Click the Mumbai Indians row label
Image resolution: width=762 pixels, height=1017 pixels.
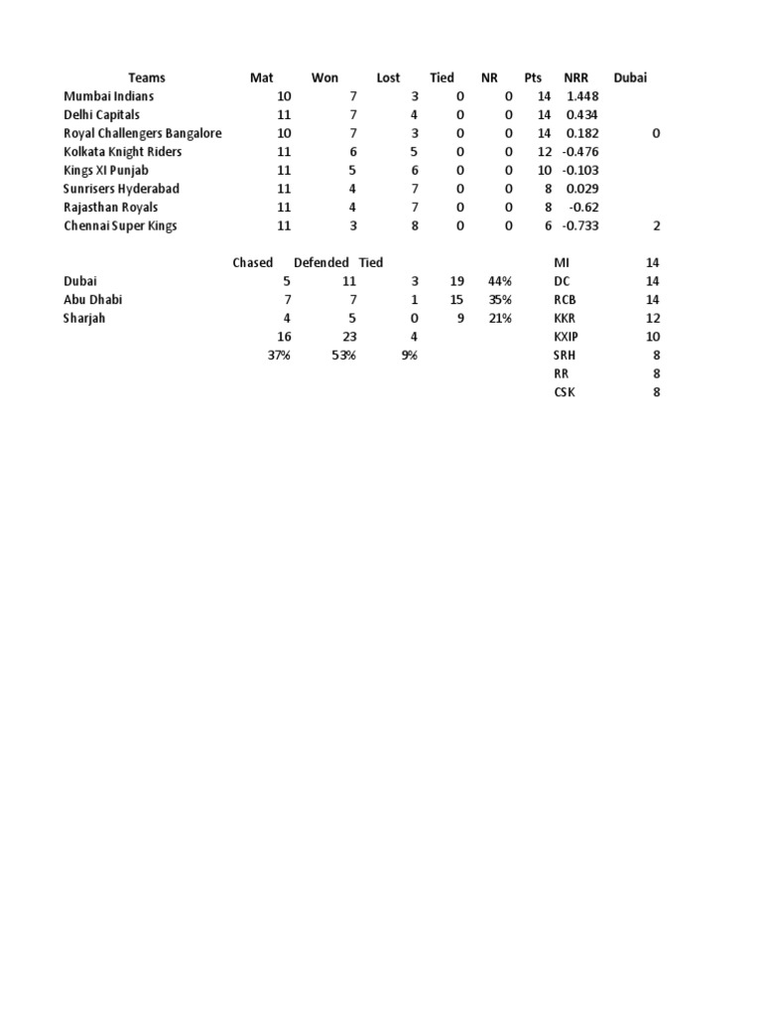[108, 96]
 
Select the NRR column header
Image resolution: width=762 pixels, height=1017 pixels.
[575, 77]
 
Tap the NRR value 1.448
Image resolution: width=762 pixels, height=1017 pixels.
[582, 96]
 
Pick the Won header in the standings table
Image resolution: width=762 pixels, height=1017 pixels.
[324, 77]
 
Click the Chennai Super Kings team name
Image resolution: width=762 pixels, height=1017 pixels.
[120, 225]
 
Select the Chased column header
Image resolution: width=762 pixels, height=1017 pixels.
[252, 262]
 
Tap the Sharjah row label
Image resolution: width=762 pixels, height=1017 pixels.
[84, 318]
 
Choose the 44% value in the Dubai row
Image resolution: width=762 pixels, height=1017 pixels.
[500, 281]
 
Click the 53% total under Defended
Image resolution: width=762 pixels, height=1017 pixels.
[343, 355]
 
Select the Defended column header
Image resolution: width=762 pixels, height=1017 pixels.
[320, 262]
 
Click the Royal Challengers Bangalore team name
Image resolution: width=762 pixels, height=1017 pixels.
[142, 133]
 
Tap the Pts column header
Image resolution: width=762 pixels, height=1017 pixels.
[533, 77]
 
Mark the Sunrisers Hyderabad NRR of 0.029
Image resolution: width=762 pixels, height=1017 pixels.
[582, 189]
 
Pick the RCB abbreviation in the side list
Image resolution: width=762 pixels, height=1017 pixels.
[564, 299]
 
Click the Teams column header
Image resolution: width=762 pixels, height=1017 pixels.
[147, 77]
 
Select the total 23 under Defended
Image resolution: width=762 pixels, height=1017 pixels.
[348, 337]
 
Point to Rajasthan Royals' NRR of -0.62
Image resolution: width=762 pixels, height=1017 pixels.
[584, 208]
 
